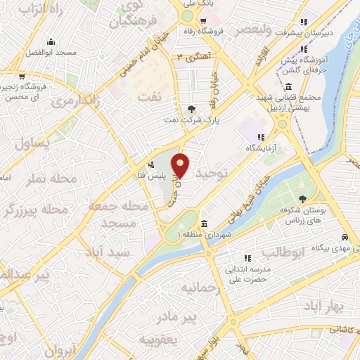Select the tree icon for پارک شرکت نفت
[191, 109]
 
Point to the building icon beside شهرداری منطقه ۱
[203, 224]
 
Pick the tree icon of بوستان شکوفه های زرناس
[302, 199]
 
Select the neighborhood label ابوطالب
[285, 252]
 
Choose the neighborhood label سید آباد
[108, 252]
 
